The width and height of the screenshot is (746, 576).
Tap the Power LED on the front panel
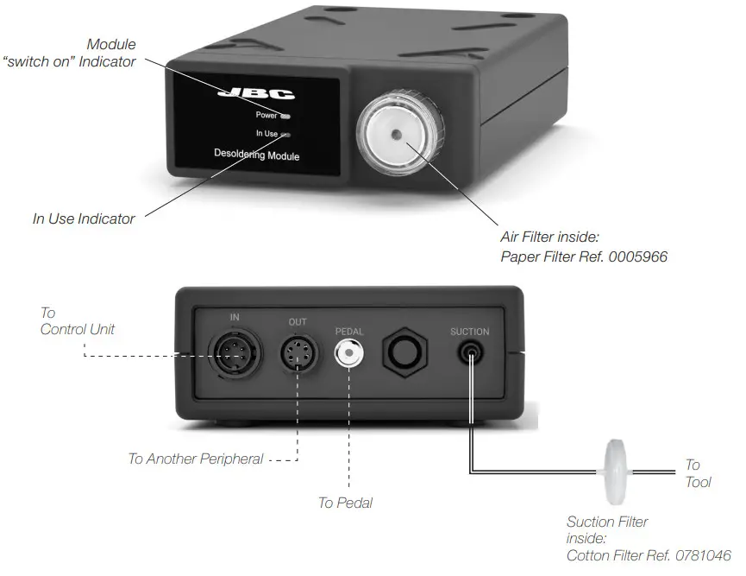pyautogui.click(x=285, y=115)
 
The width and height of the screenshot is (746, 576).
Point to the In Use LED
pyautogui.click(x=285, y=135)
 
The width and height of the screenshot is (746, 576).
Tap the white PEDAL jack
pyautogui.click(x=349, y=353)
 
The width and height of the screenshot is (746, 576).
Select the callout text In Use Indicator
pyautogui.click(x=84, y=219)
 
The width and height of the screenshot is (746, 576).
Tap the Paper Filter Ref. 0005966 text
pyautogui.click(x=584, y=256)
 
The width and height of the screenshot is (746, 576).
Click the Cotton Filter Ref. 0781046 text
pyautogui.click(x=649, y=554)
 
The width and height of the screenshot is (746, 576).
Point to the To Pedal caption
pyautogui.click(x=345, y=503)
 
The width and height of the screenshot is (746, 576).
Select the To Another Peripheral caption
pyautogui.click(x=195, y=459)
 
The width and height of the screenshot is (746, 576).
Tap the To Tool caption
pyautogui.click(x=697, y=473)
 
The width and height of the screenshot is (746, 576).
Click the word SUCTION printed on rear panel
pyautogui.click(x=469, y=332)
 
